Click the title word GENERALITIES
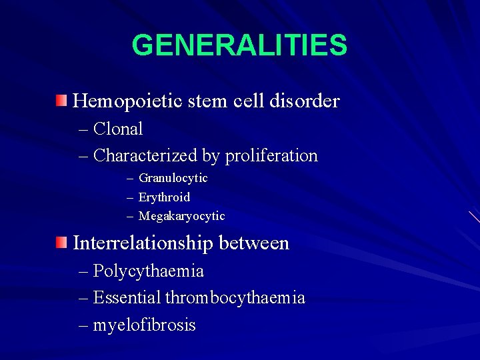239,46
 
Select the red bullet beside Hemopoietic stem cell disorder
61,101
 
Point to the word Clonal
118,129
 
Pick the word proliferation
271,156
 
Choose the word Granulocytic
173,178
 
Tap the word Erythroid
164,197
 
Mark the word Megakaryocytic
181,216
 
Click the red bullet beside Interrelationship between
61,242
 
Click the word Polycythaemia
148,272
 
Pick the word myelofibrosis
144,325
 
